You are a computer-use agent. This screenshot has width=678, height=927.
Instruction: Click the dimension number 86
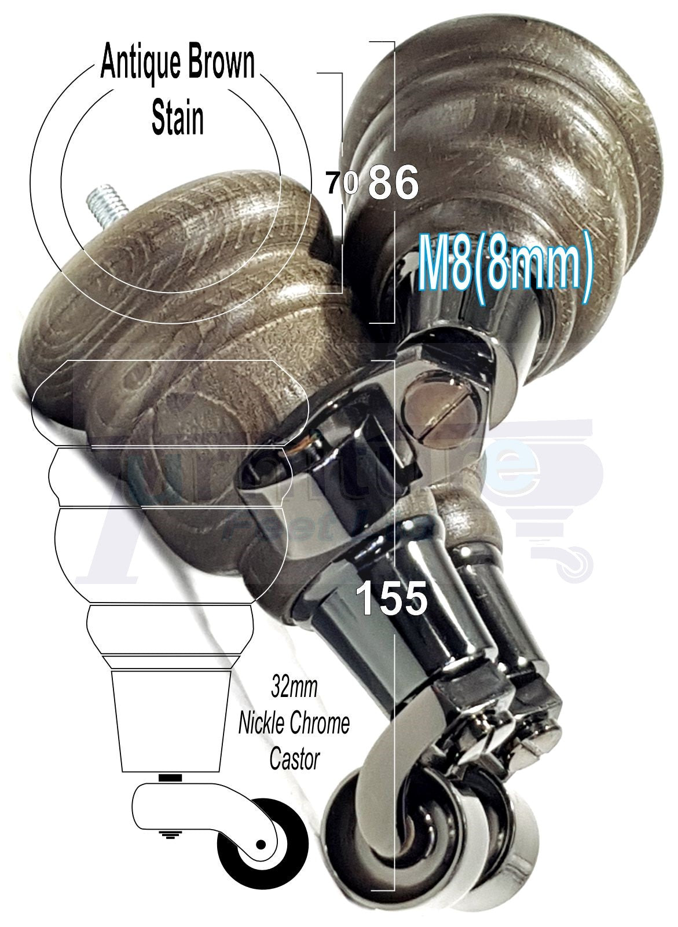click(x=393, y=183)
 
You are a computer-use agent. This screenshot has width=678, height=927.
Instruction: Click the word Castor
click(x=294, y=760)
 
